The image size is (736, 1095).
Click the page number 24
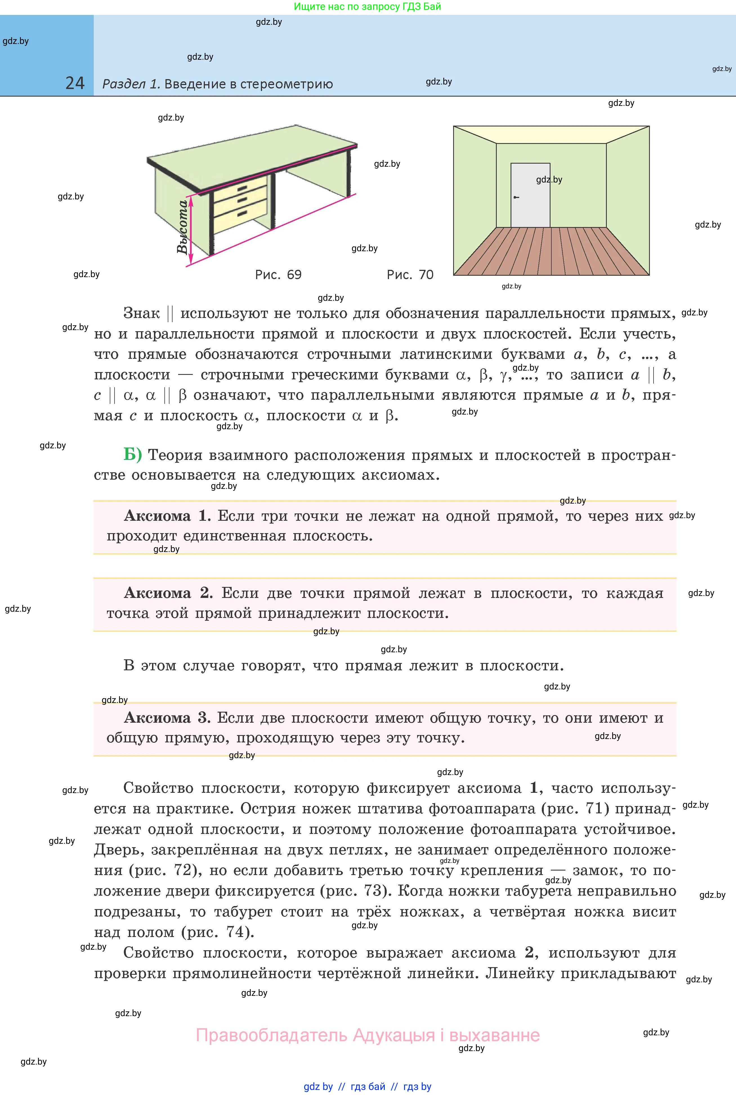pyautogui.click(x=75, y=83)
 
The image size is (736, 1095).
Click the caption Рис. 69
pyautogui.click(x=278, y=275)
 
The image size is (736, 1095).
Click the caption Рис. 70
pyautogui.click(x=410, y=275)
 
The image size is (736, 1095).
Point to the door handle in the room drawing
pyautogui.click(x=516, y=197)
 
